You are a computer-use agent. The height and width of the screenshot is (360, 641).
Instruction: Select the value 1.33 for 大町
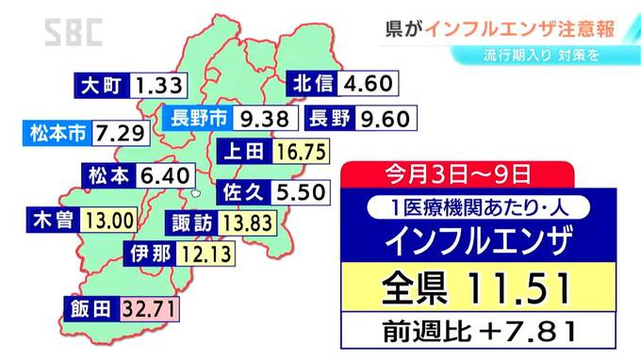point(158,86)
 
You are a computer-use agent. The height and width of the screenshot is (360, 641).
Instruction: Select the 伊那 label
point(149,253)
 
